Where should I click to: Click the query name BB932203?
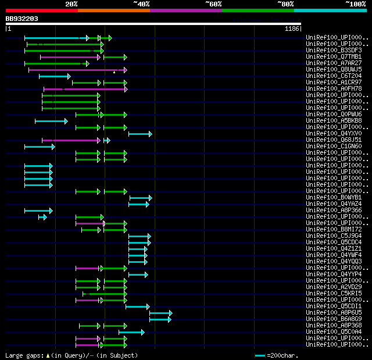pos(22,19)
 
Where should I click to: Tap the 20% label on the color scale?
pos(71,4)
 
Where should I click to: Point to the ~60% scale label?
pos(213,4)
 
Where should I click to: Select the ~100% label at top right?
pos(355,4)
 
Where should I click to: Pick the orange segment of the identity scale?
pos(113,10)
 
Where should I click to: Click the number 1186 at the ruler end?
pos(292,28)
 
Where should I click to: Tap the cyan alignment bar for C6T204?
pos(53,76)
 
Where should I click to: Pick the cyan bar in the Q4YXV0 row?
pos(139,134)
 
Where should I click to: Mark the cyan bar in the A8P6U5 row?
pos(160,313)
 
